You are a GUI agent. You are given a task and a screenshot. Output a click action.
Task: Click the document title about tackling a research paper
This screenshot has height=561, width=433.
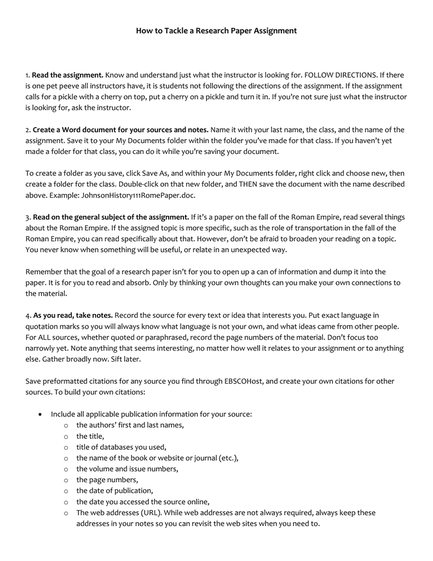pos(216,31)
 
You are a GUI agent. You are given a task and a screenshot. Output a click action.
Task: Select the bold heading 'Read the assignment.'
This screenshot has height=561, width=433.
pos(68,75)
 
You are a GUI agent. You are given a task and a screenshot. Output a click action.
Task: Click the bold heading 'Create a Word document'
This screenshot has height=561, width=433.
pos(120,130)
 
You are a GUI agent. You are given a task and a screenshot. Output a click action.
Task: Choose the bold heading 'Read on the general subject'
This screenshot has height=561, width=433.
pos(111,217)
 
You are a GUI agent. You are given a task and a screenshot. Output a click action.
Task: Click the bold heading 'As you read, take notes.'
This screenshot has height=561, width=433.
pos(73,315)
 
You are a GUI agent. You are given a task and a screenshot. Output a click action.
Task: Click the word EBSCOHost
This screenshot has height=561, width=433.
pos(244,381)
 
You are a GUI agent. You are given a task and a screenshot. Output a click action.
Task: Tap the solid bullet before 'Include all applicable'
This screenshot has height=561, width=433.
pos(40,414)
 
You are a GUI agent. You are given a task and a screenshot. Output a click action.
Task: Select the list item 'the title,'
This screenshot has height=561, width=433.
pos(90,436)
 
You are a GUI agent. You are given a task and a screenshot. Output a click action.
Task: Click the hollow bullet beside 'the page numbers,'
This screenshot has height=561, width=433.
pos(65,480)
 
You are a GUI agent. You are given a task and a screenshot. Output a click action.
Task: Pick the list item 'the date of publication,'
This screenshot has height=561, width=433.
pos(114,490)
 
